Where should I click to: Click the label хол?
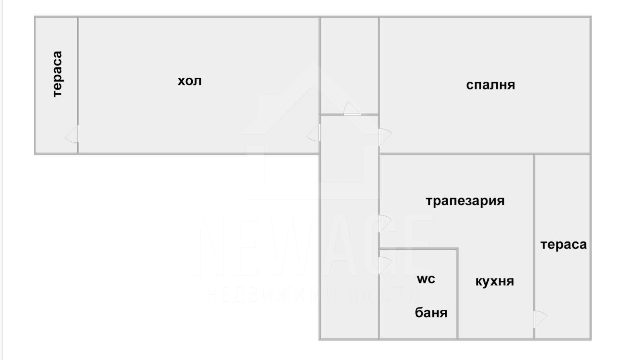click(x=190, y=81)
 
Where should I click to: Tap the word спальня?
click(x=490, y=85)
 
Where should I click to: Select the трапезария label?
click(x=465, y=201)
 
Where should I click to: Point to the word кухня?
click(x=495, y=281)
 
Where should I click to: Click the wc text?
click(x=426, y=279)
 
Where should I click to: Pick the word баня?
click(x=431, y=312)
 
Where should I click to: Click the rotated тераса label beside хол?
click(x=57, y=74)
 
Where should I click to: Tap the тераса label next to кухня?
click(x=563, y=245)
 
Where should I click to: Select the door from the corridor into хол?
click(x=314, y=133)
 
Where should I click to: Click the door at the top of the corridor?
click(x=352, y=110)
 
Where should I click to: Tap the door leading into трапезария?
click(x=384, y=223)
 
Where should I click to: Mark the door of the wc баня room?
click(x=385, y=265)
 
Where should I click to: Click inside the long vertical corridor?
click(x=349, y=236)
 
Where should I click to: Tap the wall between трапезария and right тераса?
click(x=534, y=204)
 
